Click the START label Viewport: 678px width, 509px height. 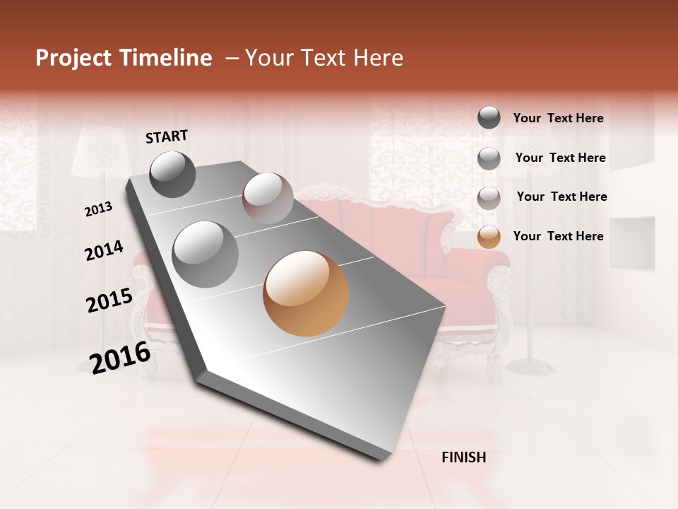(x=167, y=136)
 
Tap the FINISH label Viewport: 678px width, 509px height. (x=463, y=457)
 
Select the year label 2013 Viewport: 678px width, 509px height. (x=98, y=209)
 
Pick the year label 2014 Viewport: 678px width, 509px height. (x=104, y=251)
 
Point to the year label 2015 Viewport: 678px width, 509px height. (x=109, y=300)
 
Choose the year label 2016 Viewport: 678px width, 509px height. (x=120, y=357)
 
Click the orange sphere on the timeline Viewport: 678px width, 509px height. (x=306, y=293)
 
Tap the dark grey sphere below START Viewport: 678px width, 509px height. (x=172, y=174)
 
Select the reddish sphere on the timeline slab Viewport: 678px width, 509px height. (x=268, y=198)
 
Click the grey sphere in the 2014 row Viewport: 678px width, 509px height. (x=206, y=254)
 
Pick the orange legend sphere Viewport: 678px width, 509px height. (x=489, y=237)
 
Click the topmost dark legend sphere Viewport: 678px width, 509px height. (x=489, y=117)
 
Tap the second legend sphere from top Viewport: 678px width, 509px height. (x=489, y=158)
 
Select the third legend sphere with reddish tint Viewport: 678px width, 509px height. (x=489, y=198)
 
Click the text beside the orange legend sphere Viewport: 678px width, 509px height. (x=558, y=236)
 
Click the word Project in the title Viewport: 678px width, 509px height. (x=73, y=58)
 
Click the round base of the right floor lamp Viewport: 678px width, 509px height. (x=531, y=365)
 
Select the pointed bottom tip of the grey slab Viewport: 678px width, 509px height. (x=381, y=460)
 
